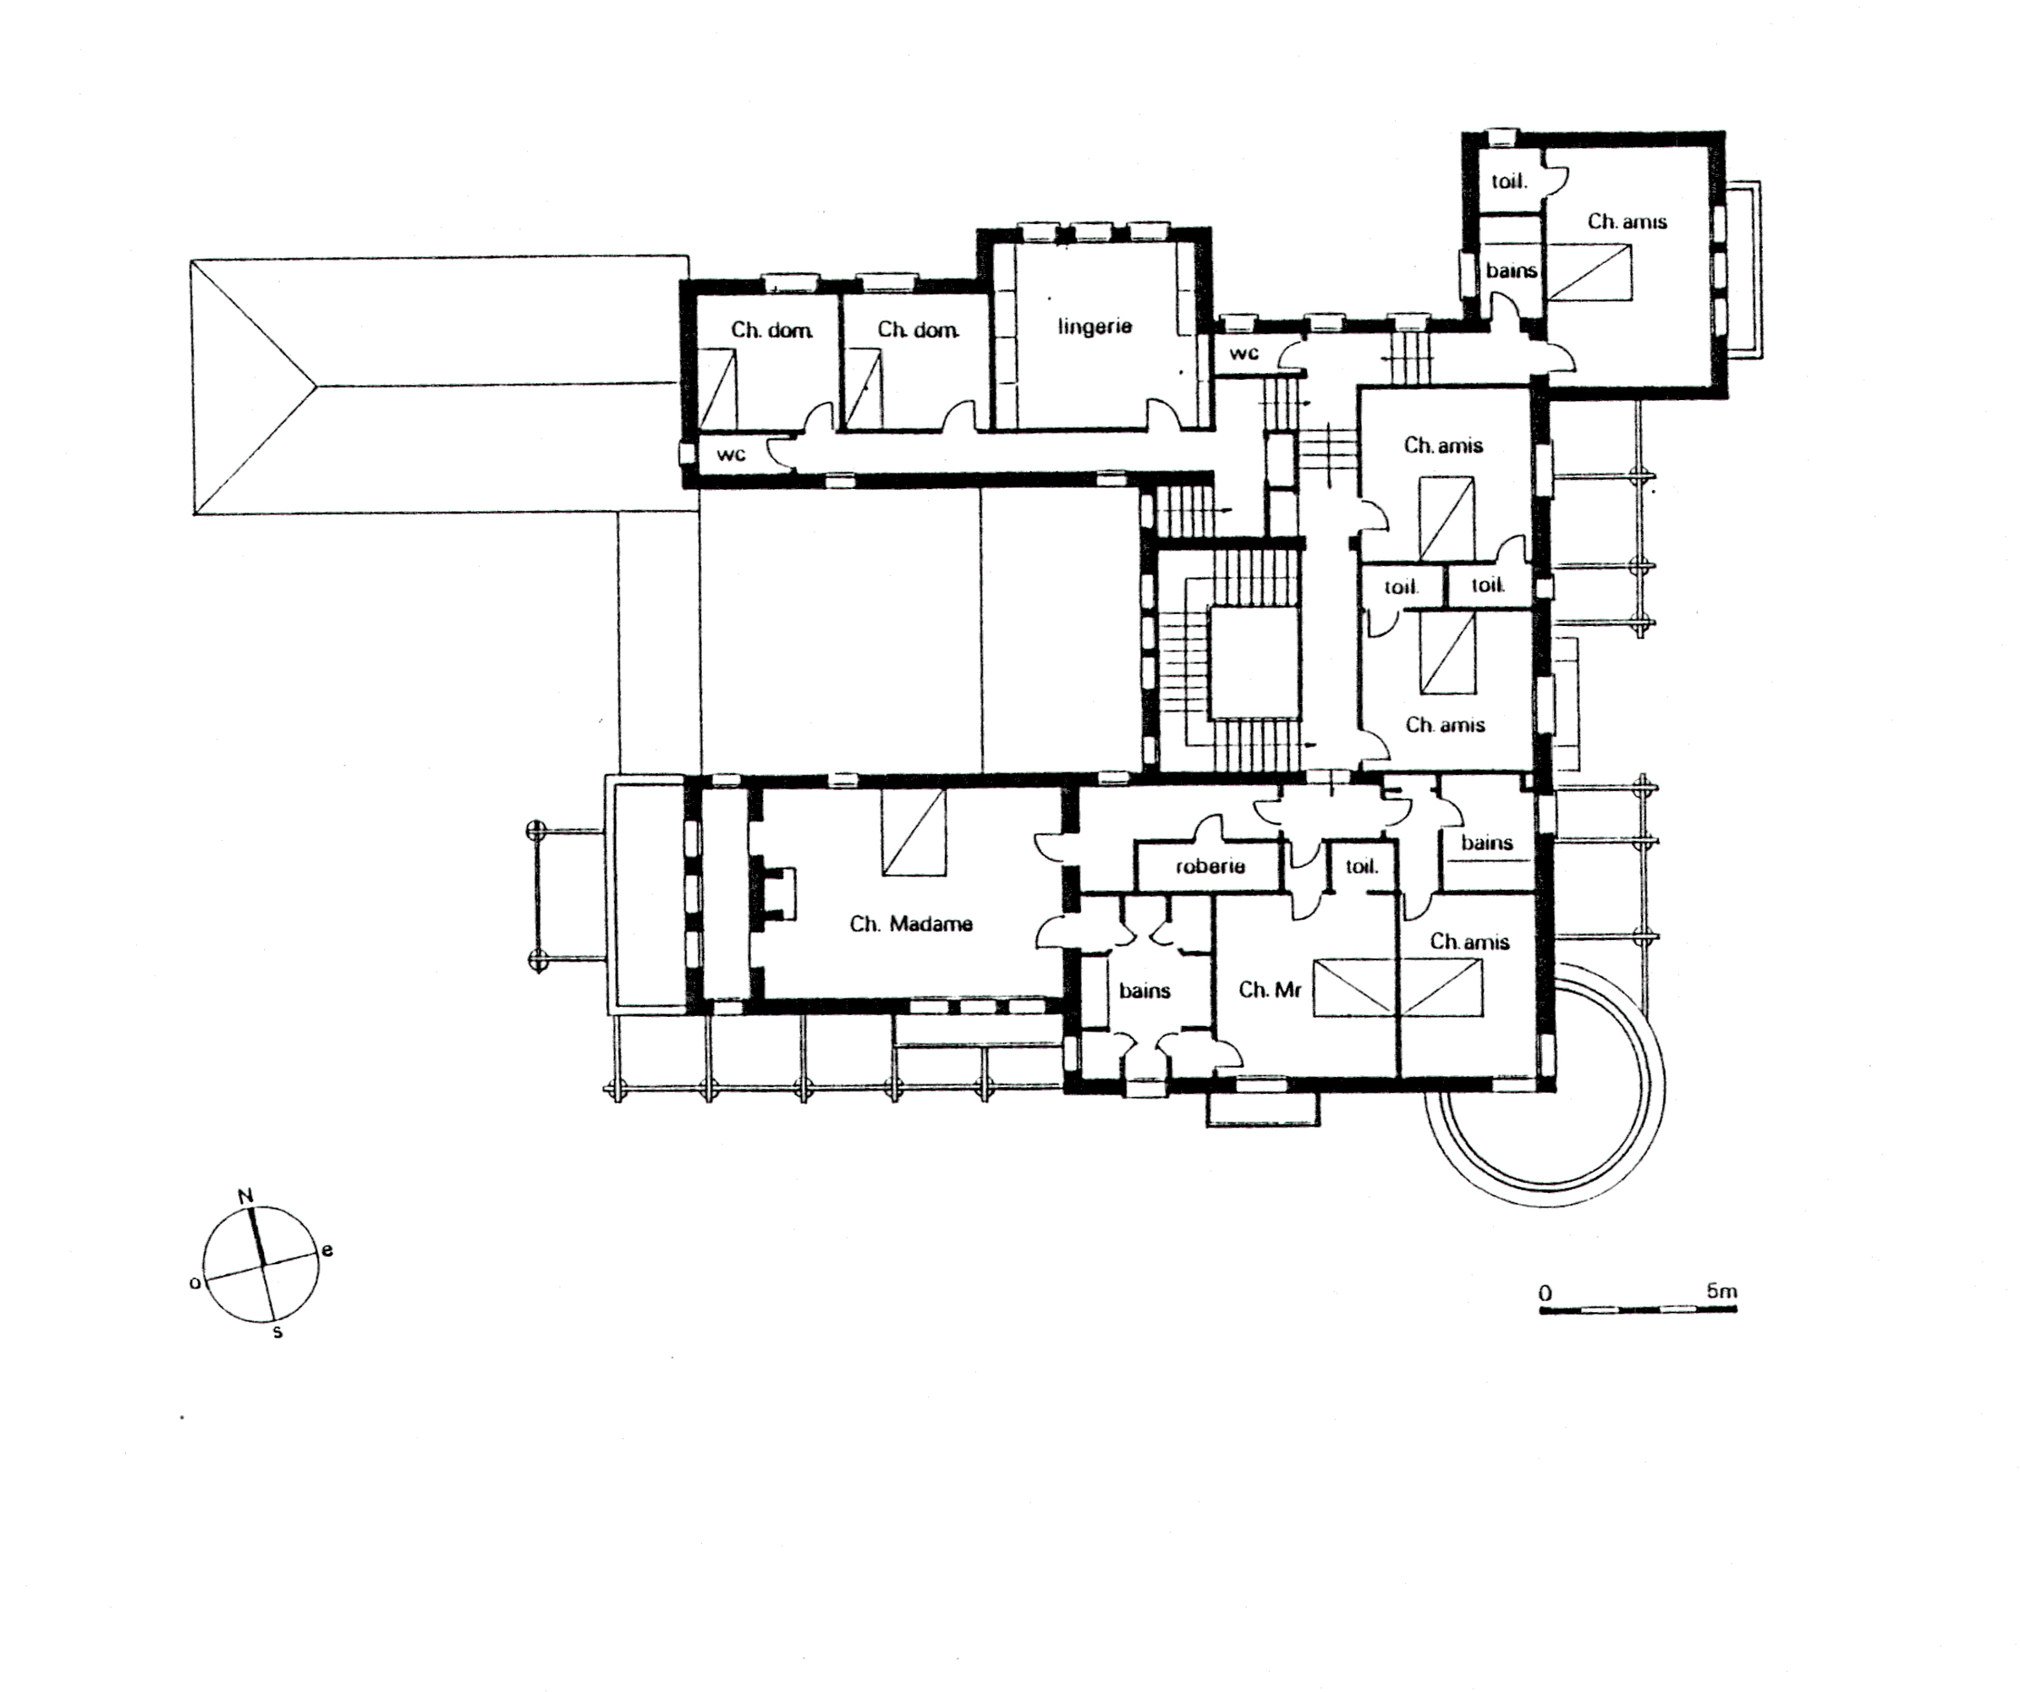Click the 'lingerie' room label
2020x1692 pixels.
[1095, 326]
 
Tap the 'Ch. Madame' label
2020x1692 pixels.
[911, 924]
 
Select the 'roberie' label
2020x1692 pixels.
[1210, 865]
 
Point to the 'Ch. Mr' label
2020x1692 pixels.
[1270, 989]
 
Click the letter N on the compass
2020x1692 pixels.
[245, 1195]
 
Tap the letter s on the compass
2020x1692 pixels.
[278, 1332]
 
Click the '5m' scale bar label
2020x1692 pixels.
[1721, 1290]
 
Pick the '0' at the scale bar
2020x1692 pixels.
[1545, 1293]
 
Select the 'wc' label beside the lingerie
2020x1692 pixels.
[1243, 353]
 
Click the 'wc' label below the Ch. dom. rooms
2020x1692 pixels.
[731, 454]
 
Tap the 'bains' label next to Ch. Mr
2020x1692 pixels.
[1144, 990]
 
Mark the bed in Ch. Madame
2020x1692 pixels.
[914, 832]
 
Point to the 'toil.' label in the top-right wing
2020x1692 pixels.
[1509, 180]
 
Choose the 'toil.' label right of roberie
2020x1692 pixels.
[1361, 865]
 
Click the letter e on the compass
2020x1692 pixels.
[327, 1250]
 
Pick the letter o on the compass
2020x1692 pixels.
[195, 1283]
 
